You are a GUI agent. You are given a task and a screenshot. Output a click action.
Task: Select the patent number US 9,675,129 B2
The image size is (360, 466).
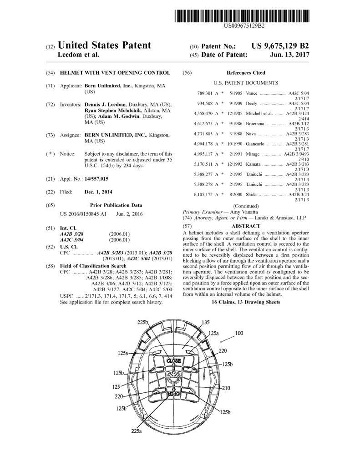[x=280, y=46]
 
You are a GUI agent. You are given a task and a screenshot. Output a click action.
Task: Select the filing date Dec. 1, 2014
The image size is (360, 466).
[x=98, y=192]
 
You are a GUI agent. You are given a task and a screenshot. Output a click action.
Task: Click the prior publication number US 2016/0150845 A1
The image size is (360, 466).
[x=83, y=213]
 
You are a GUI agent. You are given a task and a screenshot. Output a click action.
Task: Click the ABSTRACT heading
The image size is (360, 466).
[x=246, y=226]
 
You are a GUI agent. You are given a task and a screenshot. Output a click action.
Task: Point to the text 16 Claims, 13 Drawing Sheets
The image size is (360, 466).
[x=246, y=302]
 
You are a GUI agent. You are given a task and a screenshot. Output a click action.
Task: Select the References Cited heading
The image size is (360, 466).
[x=246, y=73]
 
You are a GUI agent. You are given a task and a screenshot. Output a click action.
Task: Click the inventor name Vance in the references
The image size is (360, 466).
[x=252, y=92]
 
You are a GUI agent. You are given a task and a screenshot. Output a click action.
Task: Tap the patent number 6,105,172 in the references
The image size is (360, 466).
[x=198, y=194]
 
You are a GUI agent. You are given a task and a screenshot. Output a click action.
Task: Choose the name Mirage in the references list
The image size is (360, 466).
[x=254, y=154]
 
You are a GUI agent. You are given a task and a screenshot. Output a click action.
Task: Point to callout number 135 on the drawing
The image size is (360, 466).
[x=205, y=322]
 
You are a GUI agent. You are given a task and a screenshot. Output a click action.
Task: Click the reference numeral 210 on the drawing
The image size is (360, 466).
[x=226, y=388]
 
